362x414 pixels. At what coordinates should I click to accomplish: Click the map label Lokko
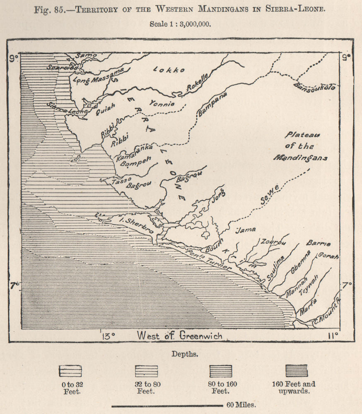(x=169, y=70)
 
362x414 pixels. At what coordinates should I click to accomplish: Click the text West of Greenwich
(x=179, y=335)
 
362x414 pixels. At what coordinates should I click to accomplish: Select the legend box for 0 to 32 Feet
(x=70, y=371)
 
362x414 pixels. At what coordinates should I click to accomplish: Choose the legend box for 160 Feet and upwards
(x=297, y=371)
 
